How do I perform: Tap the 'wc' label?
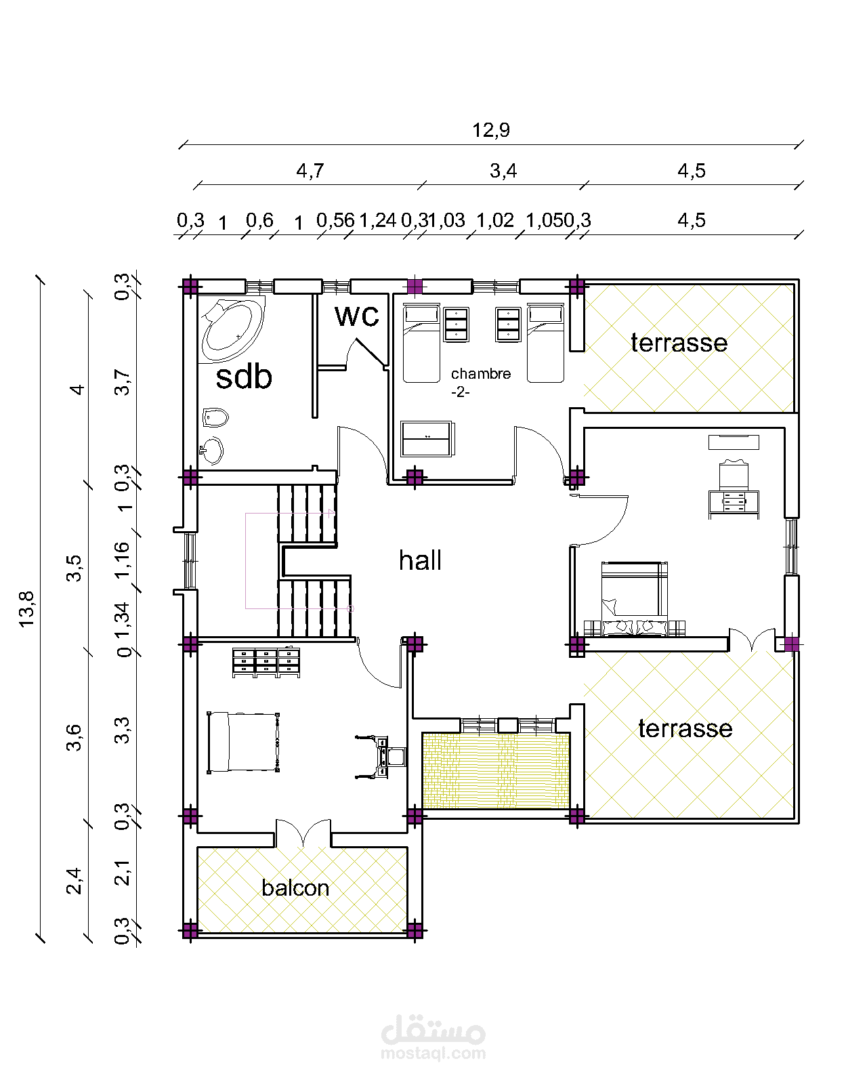click(357, 316)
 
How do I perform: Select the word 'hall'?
click(420, 560)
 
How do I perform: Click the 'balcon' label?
click(295, 888)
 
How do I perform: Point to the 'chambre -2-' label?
click(481, 382)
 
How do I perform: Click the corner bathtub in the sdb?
click(233, 329)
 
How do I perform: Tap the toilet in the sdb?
click(215, 417)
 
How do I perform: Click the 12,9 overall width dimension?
click(490, 131)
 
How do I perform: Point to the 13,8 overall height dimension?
click(26, 608)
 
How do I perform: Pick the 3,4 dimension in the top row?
click(503, 171)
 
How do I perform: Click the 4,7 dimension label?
click(310, 171)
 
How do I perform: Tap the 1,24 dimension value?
click(377, 220)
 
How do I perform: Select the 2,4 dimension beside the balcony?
click(74, 881)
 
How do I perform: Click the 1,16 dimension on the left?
click(122, 560)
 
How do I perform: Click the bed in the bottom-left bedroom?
click(243, 742)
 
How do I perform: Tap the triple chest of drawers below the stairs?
click(266, 663)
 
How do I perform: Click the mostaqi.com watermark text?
click(433, 1052)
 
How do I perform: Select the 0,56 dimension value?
click(335, 220)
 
